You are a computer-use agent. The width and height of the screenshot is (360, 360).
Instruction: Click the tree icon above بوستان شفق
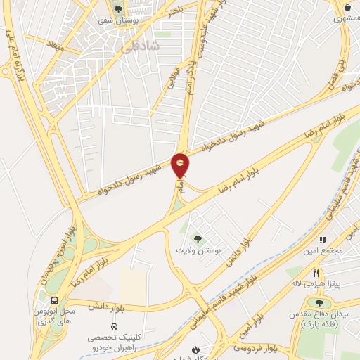point(119,9)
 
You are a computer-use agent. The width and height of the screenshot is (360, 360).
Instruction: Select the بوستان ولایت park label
point(198,250)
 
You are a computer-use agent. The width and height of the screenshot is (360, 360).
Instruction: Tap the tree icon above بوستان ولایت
point(198,238)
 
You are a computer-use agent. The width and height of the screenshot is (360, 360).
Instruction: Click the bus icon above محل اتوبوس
point(56,301)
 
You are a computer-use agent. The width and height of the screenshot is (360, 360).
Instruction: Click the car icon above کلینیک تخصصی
point(114,327)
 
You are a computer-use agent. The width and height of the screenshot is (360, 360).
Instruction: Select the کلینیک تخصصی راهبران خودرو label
point(112,342)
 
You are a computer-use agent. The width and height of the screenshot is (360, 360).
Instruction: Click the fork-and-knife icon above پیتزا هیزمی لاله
point(316,272)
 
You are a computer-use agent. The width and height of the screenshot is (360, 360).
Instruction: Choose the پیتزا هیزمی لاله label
point(316,283)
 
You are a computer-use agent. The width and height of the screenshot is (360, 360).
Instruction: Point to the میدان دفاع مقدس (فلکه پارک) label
point(318,321)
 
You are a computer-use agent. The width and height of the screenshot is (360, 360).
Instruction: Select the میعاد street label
point(55,47)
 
